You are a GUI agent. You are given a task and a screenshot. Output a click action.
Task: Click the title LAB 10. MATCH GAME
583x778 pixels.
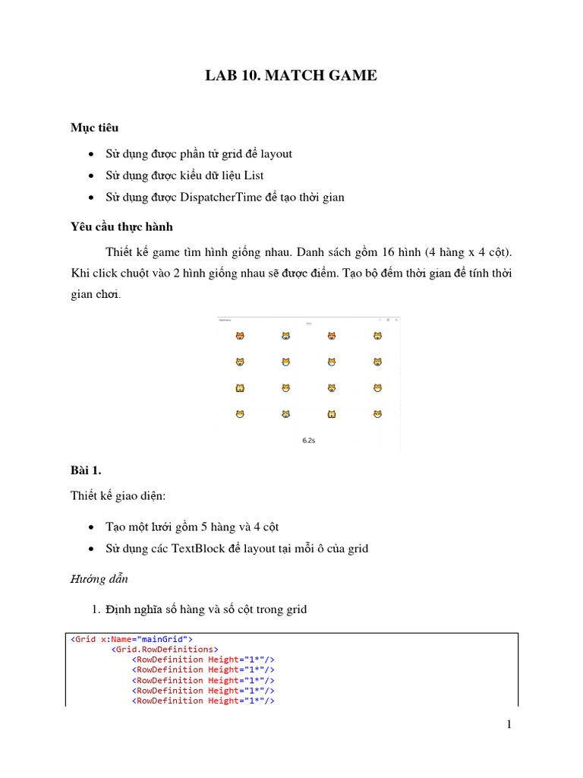291,75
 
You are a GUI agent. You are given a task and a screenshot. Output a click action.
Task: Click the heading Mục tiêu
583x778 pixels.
94,128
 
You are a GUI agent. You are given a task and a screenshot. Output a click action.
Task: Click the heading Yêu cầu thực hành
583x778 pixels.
121,226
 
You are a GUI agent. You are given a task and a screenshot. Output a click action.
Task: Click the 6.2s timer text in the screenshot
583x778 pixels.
309,440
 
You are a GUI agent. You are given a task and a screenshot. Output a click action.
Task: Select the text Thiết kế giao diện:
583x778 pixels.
118,495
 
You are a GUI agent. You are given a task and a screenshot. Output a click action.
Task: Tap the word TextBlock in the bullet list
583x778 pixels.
198,548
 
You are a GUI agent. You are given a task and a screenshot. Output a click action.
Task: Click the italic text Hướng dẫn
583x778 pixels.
98,579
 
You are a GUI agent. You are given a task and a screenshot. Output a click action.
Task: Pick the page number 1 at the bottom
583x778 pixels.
509,725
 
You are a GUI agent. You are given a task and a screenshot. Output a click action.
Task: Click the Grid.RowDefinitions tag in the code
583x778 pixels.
165,650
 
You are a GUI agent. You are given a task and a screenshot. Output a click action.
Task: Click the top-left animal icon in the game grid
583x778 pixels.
240,335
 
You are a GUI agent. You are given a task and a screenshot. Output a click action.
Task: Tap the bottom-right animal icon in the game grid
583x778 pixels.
377,414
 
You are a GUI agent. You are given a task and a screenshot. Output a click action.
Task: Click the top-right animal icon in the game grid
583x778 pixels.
377,335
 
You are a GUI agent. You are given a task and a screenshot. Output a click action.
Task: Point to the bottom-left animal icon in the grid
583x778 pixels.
240,414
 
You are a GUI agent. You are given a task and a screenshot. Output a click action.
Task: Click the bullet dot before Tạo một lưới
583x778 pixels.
91,527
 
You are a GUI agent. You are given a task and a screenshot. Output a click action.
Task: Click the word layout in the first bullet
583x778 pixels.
276,153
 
